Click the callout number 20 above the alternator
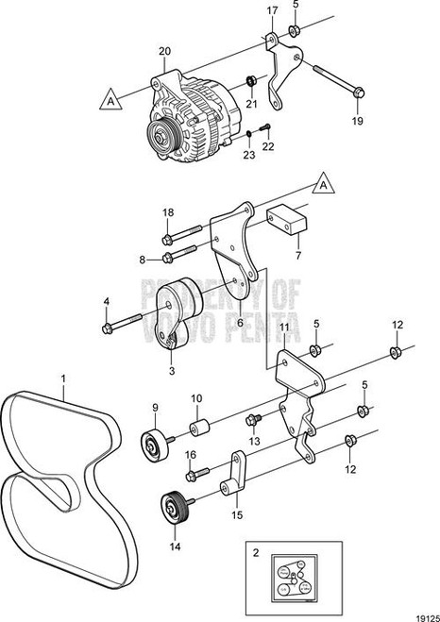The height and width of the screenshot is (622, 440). tap(164, 51)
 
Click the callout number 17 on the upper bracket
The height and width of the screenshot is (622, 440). tap(272, 11)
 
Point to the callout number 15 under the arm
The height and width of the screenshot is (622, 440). tap(236, 514)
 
